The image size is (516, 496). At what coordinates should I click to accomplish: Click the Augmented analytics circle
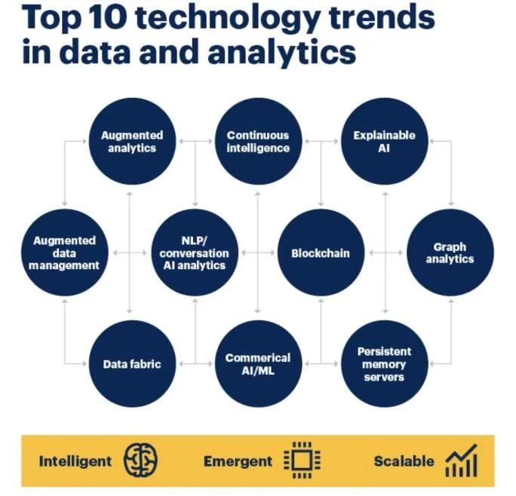132,142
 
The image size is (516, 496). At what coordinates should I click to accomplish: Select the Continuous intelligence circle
258,142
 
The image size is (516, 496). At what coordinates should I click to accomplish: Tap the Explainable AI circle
384,142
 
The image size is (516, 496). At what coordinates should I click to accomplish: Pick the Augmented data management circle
65,253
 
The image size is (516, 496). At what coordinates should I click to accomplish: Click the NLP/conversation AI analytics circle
194,253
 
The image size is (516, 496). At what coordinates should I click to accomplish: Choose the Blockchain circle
321,253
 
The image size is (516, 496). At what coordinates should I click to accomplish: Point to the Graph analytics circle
450,253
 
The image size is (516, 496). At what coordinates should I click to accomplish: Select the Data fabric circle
132,364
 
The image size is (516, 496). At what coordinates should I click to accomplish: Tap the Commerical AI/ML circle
258,364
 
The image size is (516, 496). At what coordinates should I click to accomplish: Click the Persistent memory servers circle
384,364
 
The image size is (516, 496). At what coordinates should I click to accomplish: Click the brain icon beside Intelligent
140,461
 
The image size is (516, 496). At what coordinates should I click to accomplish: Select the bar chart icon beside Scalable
460,460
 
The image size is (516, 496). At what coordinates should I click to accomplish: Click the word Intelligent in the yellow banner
75,461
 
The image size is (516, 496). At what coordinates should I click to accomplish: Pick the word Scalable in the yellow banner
404,461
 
